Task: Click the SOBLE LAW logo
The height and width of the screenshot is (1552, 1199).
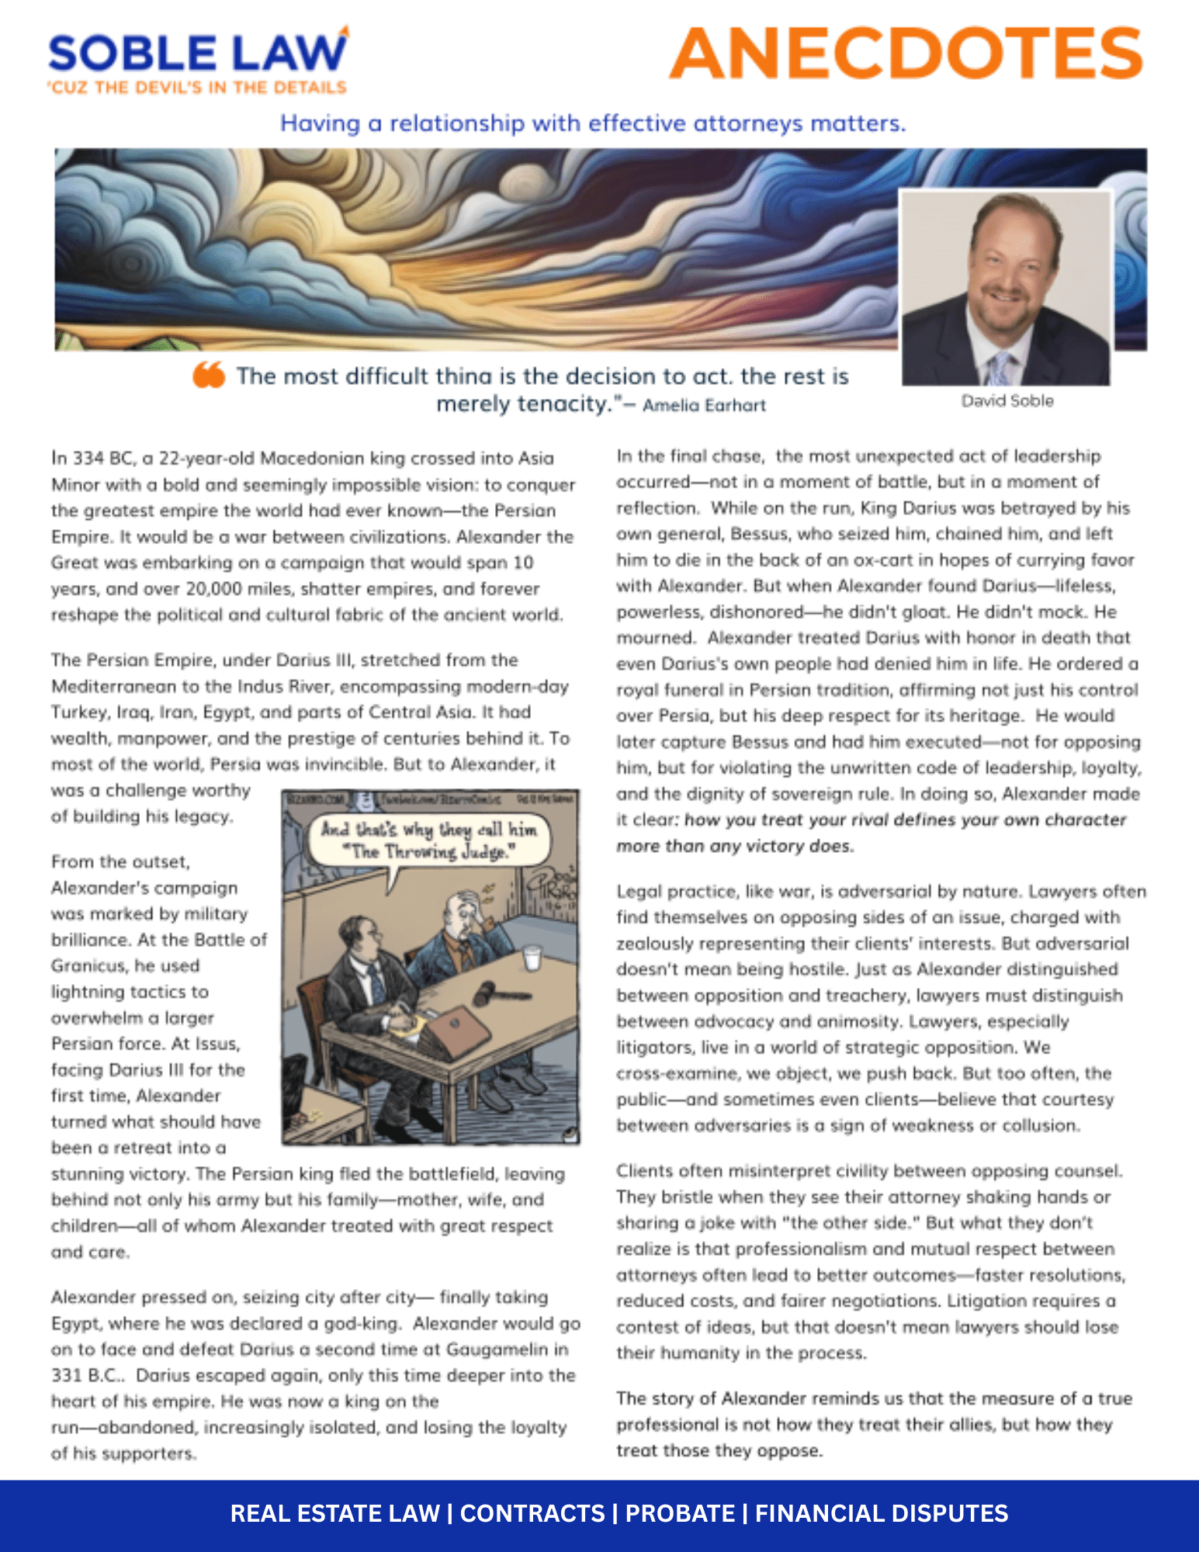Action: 198,53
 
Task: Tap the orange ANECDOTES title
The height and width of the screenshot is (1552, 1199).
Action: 906,54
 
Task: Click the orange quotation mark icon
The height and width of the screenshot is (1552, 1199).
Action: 209,375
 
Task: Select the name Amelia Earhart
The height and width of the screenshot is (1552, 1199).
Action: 704,405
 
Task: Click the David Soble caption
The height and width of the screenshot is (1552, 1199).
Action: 1007,401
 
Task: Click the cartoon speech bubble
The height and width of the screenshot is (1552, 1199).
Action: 428,840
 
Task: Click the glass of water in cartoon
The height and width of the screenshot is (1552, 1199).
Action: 532,958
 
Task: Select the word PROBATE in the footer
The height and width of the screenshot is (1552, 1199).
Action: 680,1513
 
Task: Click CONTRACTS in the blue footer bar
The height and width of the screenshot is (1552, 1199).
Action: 532,1513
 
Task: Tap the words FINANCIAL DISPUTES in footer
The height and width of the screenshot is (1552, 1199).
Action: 882,1513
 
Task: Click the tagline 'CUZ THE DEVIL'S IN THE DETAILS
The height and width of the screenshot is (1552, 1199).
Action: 198,88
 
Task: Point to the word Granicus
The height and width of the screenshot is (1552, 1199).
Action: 86,966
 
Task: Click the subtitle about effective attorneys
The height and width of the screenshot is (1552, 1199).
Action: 593,123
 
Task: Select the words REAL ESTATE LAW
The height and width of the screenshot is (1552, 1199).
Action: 334,1513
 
